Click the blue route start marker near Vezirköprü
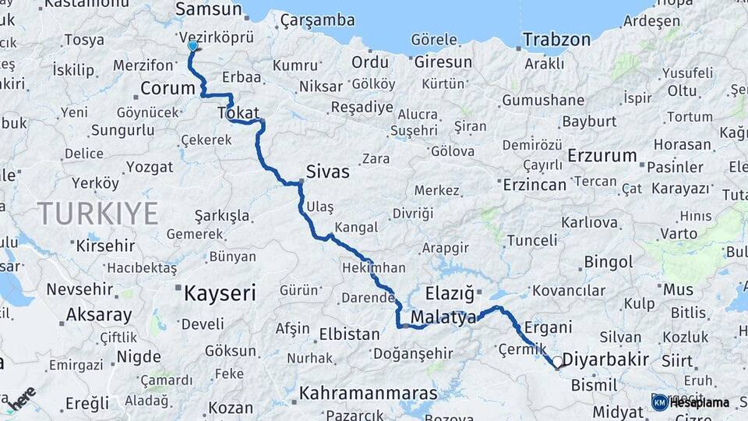[192, 46]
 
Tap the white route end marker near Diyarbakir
[558, 363]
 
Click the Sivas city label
[327, 172]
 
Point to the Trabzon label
[556, 39]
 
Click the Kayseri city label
[220, 294]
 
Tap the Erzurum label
[602, 156]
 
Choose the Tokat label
[238, 113]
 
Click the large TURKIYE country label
[98, 213]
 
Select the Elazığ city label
[450, 295]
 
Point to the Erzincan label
[535, 185]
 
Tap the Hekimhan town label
[373, 268]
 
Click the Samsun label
[208, 9]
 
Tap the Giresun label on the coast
[443, 62]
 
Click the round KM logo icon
[660, 402]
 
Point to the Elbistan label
[349, 334]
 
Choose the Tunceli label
[532, 241]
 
